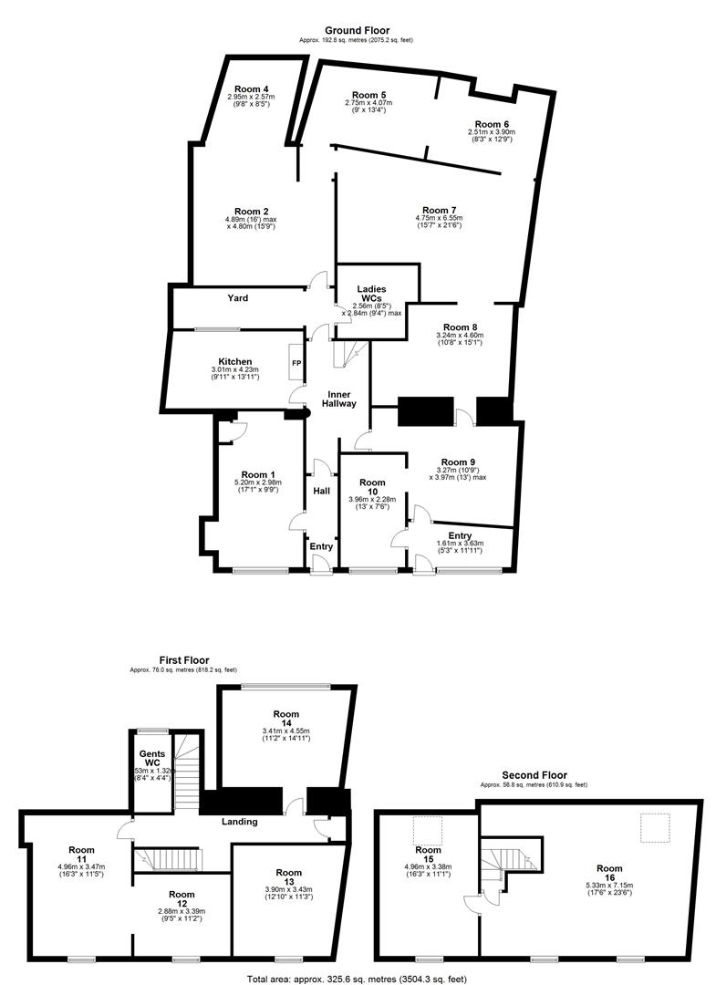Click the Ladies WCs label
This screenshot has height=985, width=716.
[371, 294]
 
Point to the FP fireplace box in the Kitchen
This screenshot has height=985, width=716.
[296, 362]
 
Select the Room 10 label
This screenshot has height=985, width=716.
[372, 487]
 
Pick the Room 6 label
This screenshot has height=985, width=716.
[491, 124]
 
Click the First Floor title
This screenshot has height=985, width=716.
[183, 659]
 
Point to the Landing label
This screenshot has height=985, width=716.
[239, 821]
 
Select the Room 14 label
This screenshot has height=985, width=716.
[286, 721]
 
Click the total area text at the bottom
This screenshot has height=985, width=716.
[358, 978]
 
